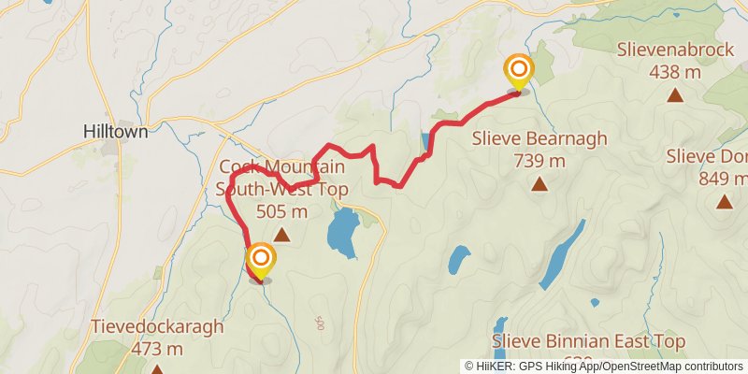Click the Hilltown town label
(x=116, y=132)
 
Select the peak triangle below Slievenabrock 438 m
(x=675, y=94)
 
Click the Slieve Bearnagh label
(x=539, y=138)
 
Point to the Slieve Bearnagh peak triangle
(x=539, y=184)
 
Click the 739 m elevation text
(x=539, y=161)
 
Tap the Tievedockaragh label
(x=157, y=327)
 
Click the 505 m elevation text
(x=281, y=211)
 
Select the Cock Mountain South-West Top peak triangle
(x=281, y=235)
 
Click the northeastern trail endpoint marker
(x=518, y=71)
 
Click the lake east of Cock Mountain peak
(x=343, y=230)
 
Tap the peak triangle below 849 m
(x=725, y=201)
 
